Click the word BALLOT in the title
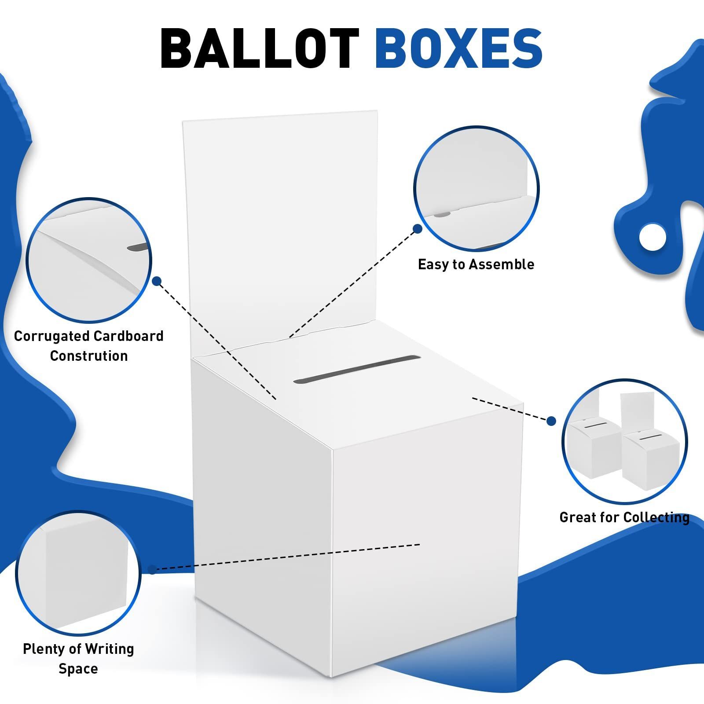point(260,48)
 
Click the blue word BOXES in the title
point(458,48)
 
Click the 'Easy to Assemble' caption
point(476,264)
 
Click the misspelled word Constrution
point(89,356)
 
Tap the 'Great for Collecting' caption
point(624,517)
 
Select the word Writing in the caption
point(110,649)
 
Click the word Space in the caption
point(78,669)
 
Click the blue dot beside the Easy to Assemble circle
point(418,229)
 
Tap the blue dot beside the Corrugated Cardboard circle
point(157,281)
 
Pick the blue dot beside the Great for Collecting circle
point(551,422)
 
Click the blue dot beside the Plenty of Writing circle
point(152,569)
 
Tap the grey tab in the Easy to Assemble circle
point(442,215)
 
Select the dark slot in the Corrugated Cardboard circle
point(139,247)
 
